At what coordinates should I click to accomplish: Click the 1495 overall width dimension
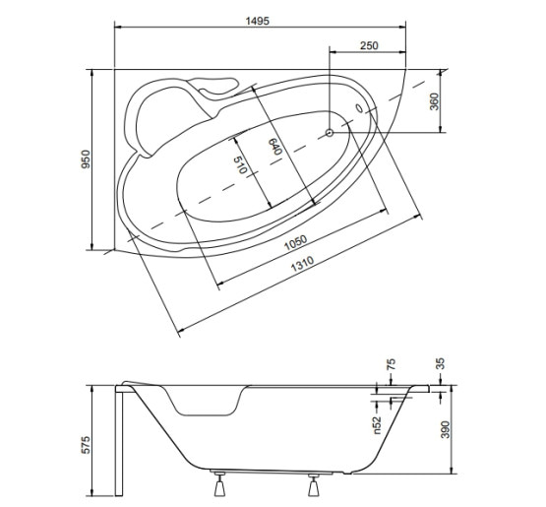point(258,21)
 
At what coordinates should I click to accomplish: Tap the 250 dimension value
point(369,45)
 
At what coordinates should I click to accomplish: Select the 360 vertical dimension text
point(434,101)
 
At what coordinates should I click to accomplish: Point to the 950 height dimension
point(86,159)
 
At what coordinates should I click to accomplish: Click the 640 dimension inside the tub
point(274,147)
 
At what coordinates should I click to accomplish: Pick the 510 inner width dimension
point(240,164)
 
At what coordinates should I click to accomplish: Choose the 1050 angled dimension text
point(296,243)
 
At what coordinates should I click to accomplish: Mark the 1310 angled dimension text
point(302,264)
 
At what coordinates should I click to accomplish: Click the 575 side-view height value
point(86,445)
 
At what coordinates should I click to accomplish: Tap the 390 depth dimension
point(446,429)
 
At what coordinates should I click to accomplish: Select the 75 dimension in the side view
point(391,364)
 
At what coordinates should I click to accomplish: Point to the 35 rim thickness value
point(441,364)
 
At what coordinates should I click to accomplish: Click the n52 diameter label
point(378,425)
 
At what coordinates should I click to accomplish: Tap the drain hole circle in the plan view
point(330,133)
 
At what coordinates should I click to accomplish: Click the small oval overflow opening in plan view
point(359,108)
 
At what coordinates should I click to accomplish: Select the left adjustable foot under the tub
point(219,483)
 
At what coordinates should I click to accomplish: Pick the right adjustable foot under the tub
point(314,483)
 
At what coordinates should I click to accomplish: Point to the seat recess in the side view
point(206,401)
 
